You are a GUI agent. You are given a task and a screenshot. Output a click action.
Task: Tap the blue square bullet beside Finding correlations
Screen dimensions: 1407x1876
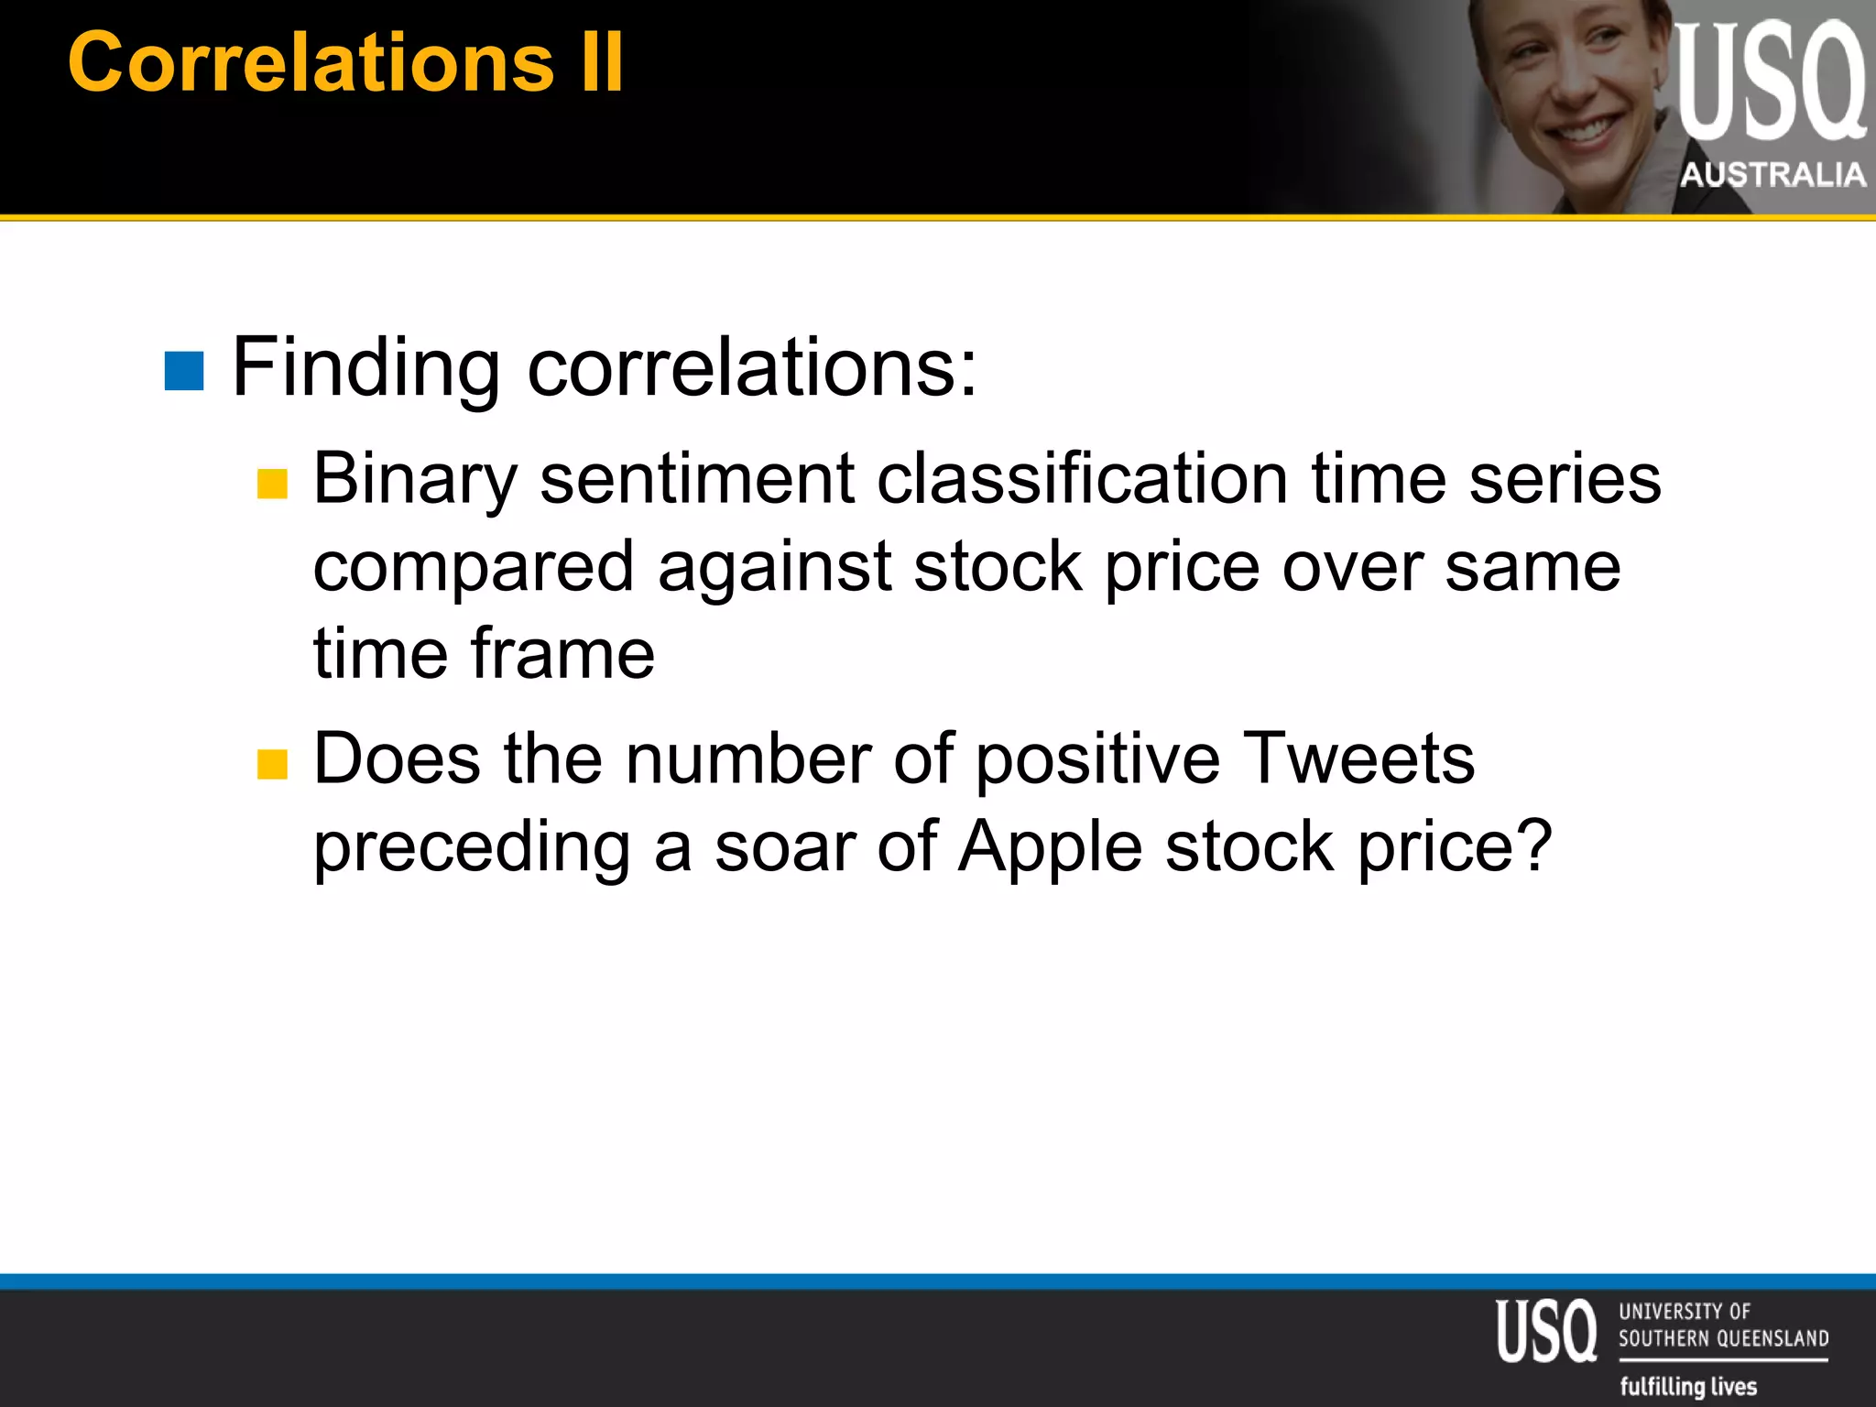click(x=183, y=370)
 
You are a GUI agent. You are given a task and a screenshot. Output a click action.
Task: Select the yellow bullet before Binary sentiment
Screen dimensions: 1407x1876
click(x=272, y=484)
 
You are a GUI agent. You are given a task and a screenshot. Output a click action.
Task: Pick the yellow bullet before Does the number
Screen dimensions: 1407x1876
click(x=272, y=764)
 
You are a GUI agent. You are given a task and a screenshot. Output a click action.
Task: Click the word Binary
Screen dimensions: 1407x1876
click(x=415, y=480)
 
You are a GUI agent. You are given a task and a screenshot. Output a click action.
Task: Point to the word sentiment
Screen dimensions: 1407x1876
click(x=696, y=480)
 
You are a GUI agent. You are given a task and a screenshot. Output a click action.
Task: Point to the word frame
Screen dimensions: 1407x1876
click(x=562, y=654)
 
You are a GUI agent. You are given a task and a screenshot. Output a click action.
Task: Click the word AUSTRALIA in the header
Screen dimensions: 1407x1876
click(x=1772, y=174)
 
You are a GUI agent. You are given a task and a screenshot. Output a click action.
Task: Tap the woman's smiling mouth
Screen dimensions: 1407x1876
click(x=1585, y=128)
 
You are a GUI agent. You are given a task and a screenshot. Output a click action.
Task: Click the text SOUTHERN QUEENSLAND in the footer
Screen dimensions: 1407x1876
click(x=1722, y=1338)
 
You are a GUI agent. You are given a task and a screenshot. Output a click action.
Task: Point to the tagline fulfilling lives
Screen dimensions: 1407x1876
click(x=1688, y=1386)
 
